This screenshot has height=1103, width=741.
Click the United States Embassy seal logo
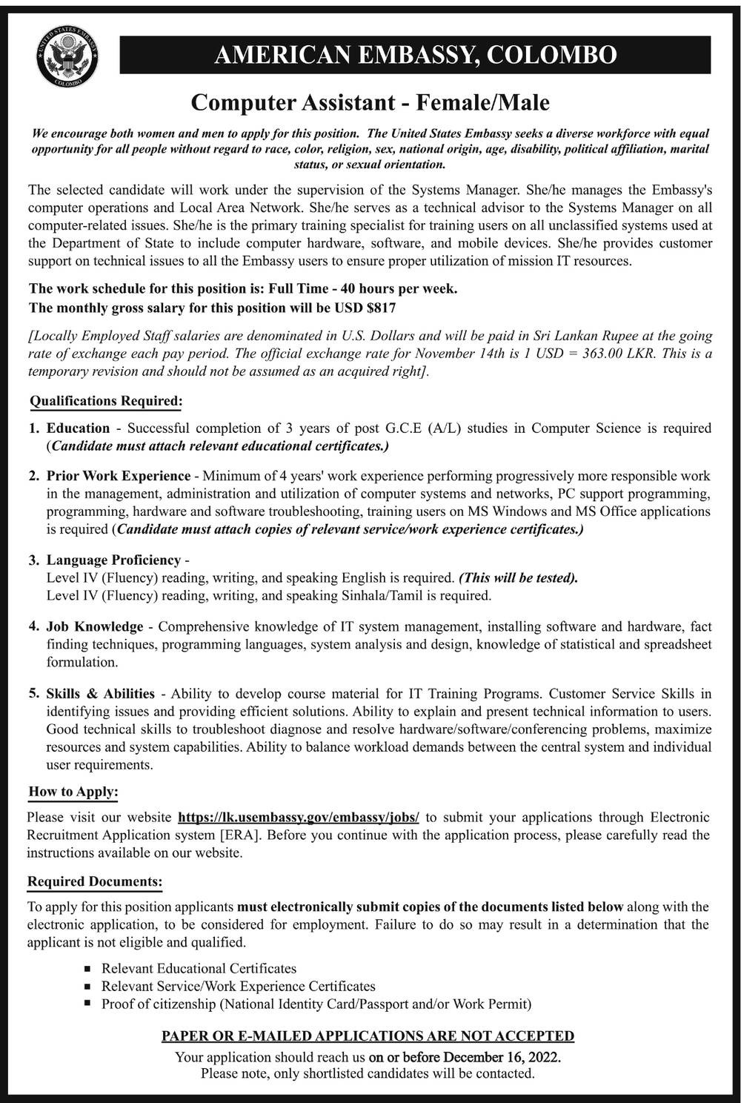67,56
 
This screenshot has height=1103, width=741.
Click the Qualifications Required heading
106,401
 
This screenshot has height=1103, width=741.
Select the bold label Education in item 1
78,428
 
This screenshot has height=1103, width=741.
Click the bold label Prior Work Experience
119,476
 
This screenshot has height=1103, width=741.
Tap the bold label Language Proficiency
113,560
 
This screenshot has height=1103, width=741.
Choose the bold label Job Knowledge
95,626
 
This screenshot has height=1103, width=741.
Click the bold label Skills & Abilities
100,694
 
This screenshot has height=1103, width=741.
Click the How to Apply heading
73,792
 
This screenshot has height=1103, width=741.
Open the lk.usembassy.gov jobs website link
299,817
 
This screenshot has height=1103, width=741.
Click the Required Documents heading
94,882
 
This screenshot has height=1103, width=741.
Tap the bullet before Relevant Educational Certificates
87,969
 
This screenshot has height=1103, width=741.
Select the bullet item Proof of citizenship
316,1004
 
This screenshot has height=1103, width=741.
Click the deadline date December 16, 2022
502,1056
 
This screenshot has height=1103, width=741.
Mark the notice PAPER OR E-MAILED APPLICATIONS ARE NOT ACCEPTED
368,1036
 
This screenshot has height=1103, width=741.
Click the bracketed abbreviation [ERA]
239,835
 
